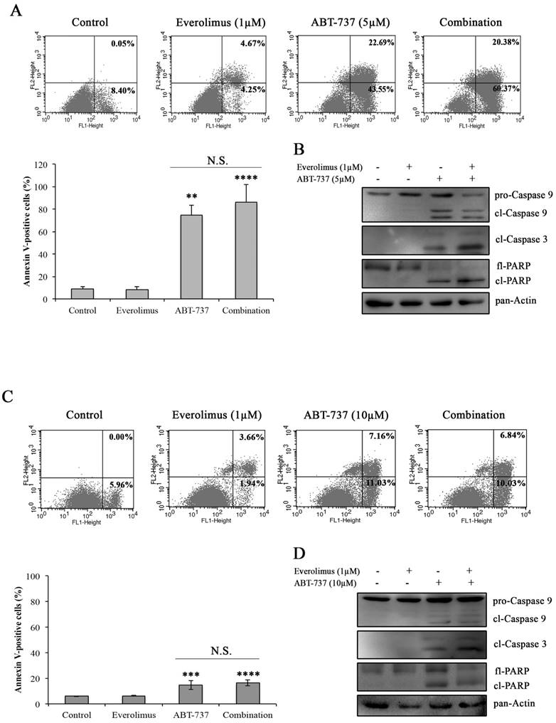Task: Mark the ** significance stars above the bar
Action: point(191,194)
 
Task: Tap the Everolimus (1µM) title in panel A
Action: point(220,23)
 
